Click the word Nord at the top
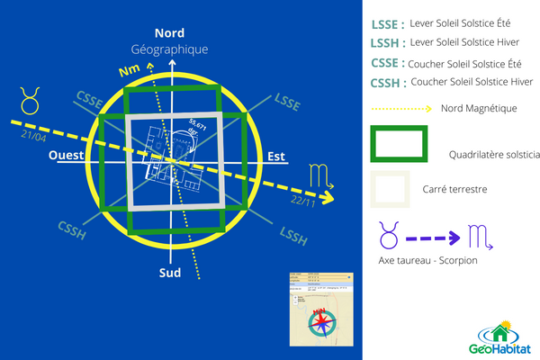(x=169, y=33)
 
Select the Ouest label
(x=66, y=156)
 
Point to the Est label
(x=276, y=156)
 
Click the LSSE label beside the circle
(x=288, y=102)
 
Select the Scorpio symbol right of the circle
(x=320, y=174)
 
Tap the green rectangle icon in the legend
(x=399, y=145)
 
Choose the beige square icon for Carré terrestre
(x=390, y=190)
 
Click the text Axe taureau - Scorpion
(x=427, y=261)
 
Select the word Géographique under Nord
(x=169, y=49)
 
